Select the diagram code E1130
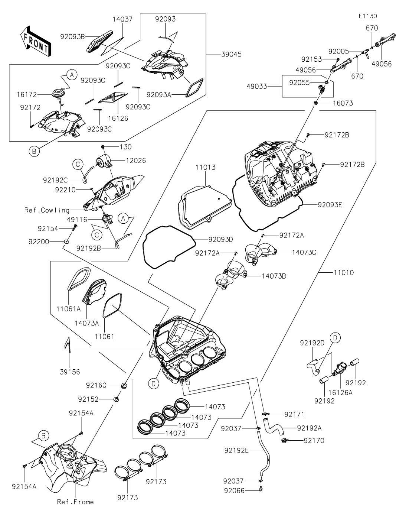pos(367,16)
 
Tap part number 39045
pos(231,54)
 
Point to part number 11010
pos(343,273)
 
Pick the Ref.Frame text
pos(75,502)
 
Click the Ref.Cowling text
pos(47,210)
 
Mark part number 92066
pos(234,490)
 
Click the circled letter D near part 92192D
pos(335,338)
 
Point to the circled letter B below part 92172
pos(33,151)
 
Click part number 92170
pos(314,441)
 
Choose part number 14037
pos(122,19)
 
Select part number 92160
pos(96,385)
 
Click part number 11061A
pos(69,309)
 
